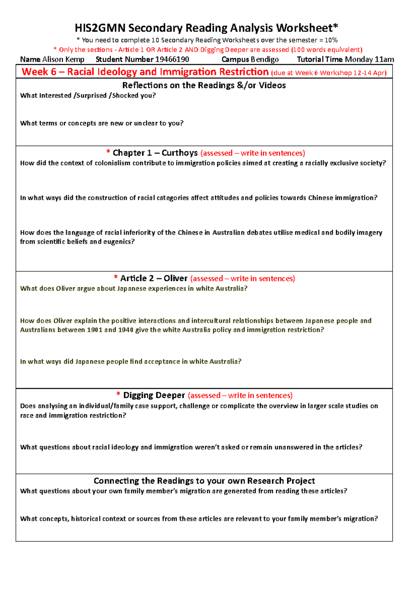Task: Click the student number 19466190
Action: [172, 59]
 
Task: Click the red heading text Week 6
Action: [39, 72]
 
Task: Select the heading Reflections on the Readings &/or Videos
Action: [204, 85]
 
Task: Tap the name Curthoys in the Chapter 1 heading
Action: [180, 153]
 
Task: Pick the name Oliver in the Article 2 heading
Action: [175, 279]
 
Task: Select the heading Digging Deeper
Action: [154, 395]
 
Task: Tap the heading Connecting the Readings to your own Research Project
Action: [204, 481]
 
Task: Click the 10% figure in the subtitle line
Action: [331, 40]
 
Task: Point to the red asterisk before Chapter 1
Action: [109, 152]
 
